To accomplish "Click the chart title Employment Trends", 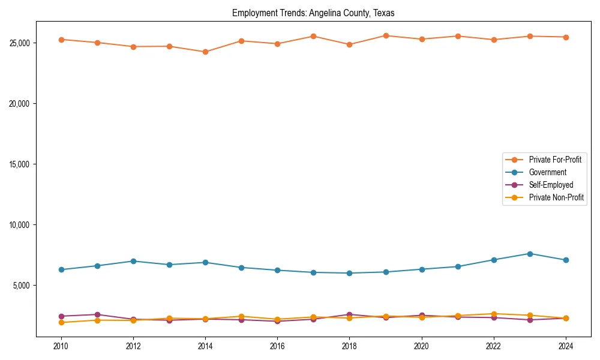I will coord(313,13).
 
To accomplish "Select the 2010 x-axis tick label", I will coord(61,346).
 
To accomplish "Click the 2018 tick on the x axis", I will coord(349,346).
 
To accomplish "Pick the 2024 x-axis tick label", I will coord(566,346).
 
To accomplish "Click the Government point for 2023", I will coord(530,254).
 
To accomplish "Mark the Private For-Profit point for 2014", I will coord(205,52).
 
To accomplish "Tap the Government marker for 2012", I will coord(133,261).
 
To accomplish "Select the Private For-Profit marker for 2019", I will coord(386,36).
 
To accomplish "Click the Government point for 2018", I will coord(349,273).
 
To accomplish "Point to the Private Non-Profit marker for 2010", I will coord(61,322).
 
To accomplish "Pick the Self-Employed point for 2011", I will coord(97,314).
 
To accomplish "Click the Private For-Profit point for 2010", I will coord(61,40).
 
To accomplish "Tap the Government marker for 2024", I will coord(566,260).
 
